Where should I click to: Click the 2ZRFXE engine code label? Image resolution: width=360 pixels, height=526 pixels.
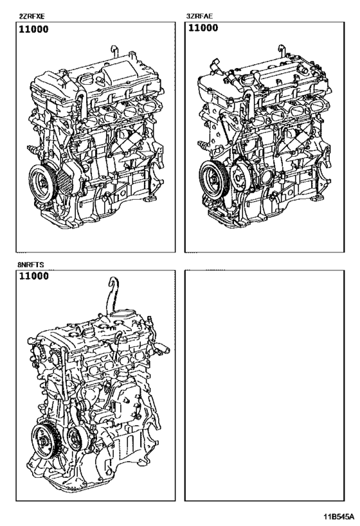pyautogui.click(x=32, y=16)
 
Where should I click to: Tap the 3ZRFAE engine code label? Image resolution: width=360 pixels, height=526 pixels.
pyautogui.click(x=199, y=16)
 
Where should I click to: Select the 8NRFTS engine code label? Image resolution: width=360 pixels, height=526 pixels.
pyautogui.click(x=31, y=265)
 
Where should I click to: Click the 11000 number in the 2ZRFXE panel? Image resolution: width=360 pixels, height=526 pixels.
pyautogui.click(x=33, y=29)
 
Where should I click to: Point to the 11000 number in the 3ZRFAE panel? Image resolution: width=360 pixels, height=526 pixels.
pyautogui.click(x=203, y=28)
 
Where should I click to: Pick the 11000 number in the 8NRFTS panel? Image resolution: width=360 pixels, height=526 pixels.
pyautogui.click(x=33, y=276)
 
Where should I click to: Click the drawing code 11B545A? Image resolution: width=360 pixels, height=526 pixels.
pyautogui.click(x=339, y=516)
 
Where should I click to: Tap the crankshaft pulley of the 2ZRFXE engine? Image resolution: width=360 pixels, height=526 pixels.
pyautogui.click(x=42, y=183)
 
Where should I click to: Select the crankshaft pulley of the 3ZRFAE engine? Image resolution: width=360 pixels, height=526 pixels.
pyautogui.click(x=213, y=179)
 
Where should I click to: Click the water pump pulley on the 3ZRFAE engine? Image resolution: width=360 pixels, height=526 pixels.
pyautogui.click(x=241, y=177)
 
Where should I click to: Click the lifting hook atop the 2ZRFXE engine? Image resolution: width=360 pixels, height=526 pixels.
pyautogui.click(x=114, y=51)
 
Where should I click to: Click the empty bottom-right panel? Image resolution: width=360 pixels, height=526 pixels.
pyautogui.click(x=264, y=385)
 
